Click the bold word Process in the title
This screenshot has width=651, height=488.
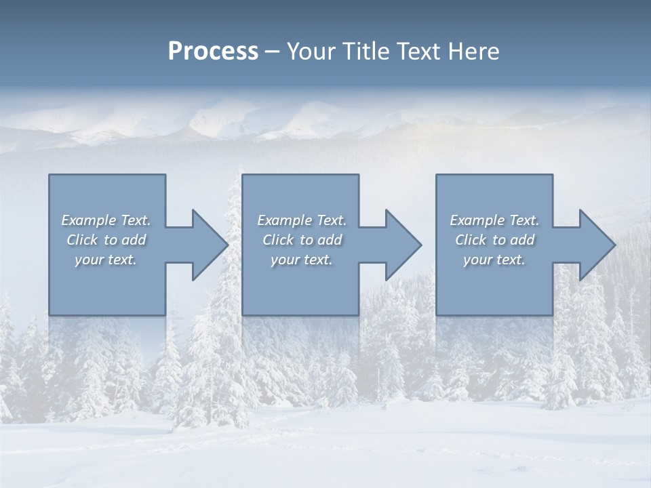pos(213,52)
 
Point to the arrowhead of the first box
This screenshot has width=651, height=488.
pos(207,245)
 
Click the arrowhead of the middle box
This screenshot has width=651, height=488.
pos(401,245)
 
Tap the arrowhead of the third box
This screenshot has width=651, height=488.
pos(595,245)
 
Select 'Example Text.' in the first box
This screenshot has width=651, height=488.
pos(106,220)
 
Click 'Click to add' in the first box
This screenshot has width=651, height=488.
pos(106,240)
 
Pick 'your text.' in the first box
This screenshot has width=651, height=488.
pos(106,260)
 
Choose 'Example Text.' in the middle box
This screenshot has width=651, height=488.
pos(301,220)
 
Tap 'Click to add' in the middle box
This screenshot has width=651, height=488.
pos(301,240)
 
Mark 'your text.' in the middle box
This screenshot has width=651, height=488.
pos(301,260)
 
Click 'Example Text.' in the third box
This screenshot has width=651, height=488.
pos(494,220)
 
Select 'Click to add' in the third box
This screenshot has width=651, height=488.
pos(494,240)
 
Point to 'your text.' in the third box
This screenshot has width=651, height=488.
pos(494,260)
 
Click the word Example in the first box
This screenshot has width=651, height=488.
pos(88,220)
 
